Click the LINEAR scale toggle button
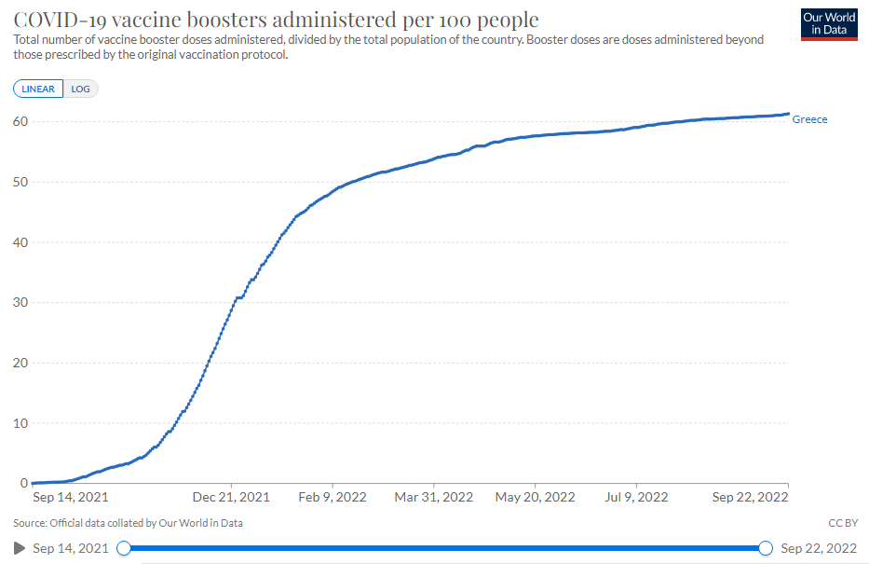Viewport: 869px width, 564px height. [x=38, y=89]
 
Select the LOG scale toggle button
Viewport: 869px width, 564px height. [x=81, y=89]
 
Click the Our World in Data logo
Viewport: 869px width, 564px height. [x=829, y=24]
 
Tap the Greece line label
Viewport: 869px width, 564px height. [x=809, y=119]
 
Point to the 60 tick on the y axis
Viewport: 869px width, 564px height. [x=20, y=122]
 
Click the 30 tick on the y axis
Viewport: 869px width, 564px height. [x=20, y=303]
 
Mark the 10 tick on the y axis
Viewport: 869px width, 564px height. [x=20, y=423]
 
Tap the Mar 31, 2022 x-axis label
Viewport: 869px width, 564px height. [x=435, y=498]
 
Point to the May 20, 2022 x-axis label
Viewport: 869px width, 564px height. [x=536, y=498]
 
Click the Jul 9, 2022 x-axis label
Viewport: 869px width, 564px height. [x=636, y=498]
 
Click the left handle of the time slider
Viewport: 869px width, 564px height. [x=123, y=548]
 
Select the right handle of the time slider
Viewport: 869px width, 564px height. [x=766, y=548]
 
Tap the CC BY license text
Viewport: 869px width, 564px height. [x=841, y=523]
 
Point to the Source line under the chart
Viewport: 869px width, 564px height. [x=129, y=523]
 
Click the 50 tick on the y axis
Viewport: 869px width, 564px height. [x=20, y=182]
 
